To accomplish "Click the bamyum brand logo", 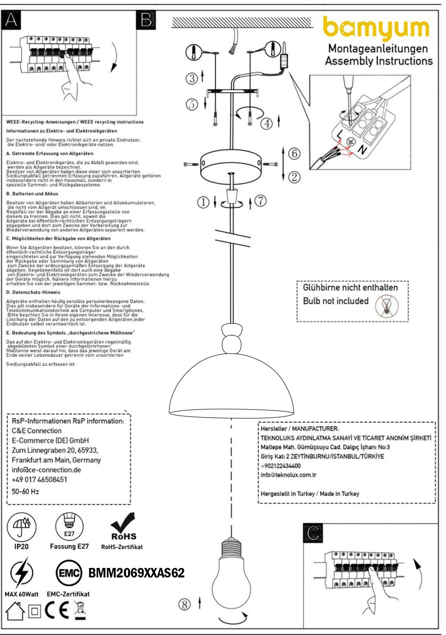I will click(376, 29).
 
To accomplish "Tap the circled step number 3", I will click(192, 78).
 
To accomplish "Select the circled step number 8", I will click(185, 604).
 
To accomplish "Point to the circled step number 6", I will click(294, 153).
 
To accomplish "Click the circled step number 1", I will click(203, 202).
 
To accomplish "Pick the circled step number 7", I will click(260, 201).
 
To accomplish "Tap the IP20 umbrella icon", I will click(21, 526).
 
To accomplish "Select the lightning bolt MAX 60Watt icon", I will click(21, 573).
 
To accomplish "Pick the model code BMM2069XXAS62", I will click(136, 573).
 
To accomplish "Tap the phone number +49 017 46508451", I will click(39, 479).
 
